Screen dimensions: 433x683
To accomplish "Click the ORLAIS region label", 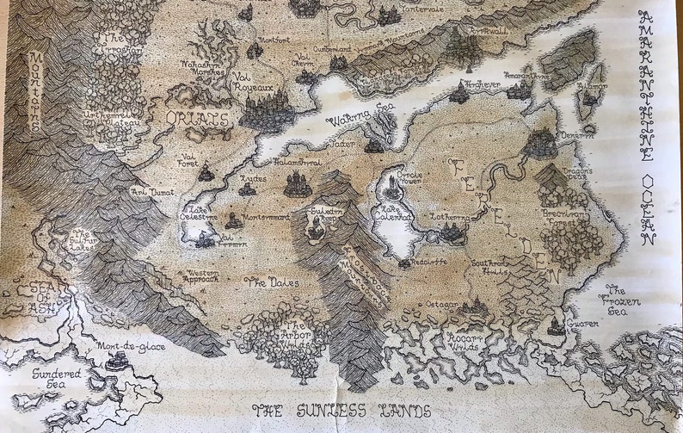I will point(198,118).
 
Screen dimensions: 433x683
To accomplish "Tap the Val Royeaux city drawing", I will point(267,111).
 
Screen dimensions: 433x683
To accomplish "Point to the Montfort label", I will point(274,40).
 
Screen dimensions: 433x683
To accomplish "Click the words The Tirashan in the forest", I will point(120,44).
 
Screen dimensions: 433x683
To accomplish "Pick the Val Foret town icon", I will point(206,173).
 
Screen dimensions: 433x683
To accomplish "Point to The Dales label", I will point(271,282).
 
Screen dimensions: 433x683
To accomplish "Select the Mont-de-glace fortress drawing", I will point(115,362).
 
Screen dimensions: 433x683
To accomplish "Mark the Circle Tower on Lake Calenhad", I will point(392,183).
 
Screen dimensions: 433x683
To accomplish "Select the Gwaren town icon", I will point(557,326).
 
